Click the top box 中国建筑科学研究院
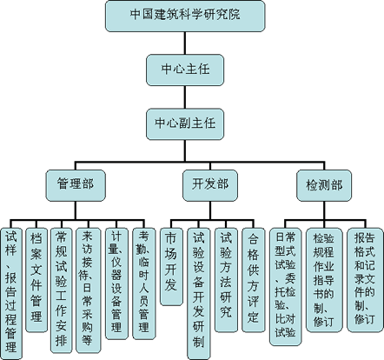click(x=185, y=16)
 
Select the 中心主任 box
click(x=185, y=70)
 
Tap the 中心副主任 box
click(x=185, y=124)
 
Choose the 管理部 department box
click(x=76, y=185)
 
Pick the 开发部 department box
click(x=210, y=185)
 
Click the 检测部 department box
click(x=324, y=185)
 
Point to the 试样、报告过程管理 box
click(x=11, y=294)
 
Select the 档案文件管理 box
click(x=36, y=280)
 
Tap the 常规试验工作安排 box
click(x=62, y=290)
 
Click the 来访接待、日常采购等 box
click(x=89, y=290)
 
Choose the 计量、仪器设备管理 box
click(x=116, y=283)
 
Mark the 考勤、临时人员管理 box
click(x=144, y=283)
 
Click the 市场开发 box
click(x=171, y=267)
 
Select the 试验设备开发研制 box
click(x=199, y=294)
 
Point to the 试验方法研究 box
click(x=226, y=280)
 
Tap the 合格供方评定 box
click(x=253, y=280)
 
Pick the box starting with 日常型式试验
click(x=286, y=287)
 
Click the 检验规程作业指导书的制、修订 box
click(x=324, y=280)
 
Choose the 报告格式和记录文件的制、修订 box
click(x=365, y=280)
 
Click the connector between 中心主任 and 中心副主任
click(x=185, y=97)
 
